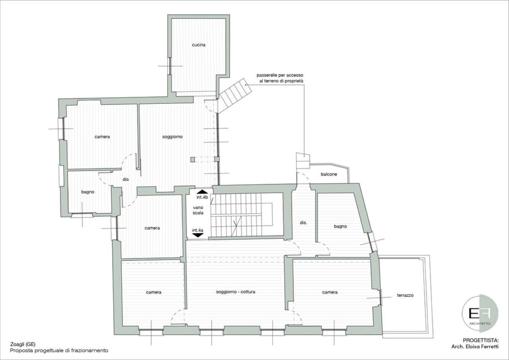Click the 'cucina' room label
198,45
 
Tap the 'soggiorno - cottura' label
235,292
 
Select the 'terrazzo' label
405,296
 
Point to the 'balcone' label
329,174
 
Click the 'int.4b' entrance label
202,197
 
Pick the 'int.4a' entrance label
198,230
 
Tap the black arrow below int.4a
198,235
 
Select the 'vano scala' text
198,210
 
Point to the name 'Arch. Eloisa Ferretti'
475,346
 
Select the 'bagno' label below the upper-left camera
88,192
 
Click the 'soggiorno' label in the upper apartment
173,137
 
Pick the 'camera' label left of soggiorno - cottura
153,292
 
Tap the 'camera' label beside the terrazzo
330,292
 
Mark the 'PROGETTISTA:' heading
480,340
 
